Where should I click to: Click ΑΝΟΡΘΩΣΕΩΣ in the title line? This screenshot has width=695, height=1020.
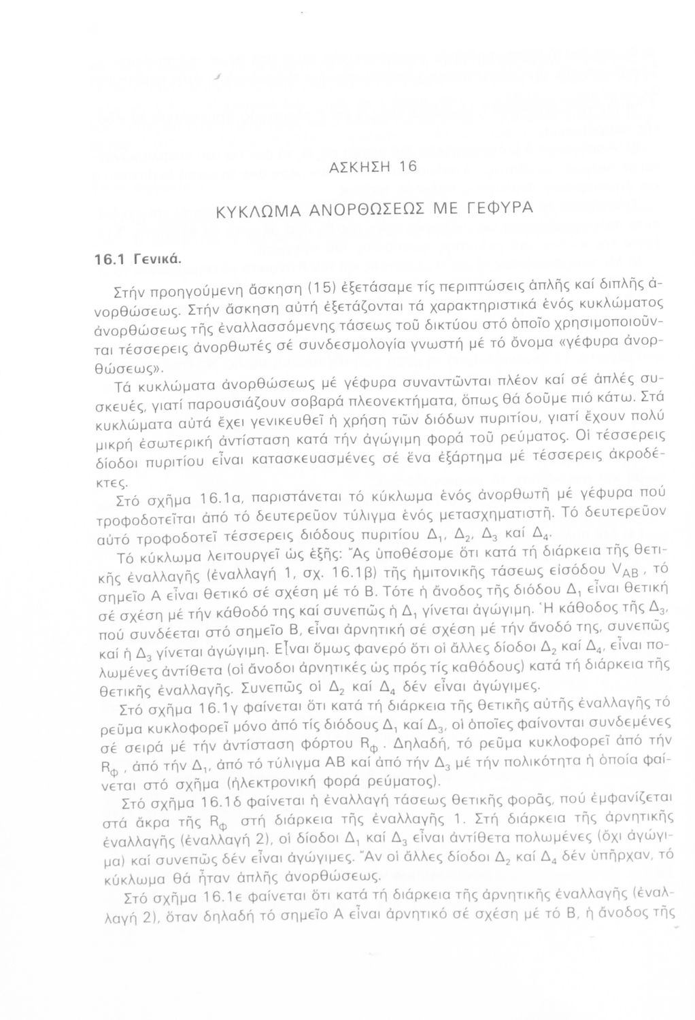point(373,210)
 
